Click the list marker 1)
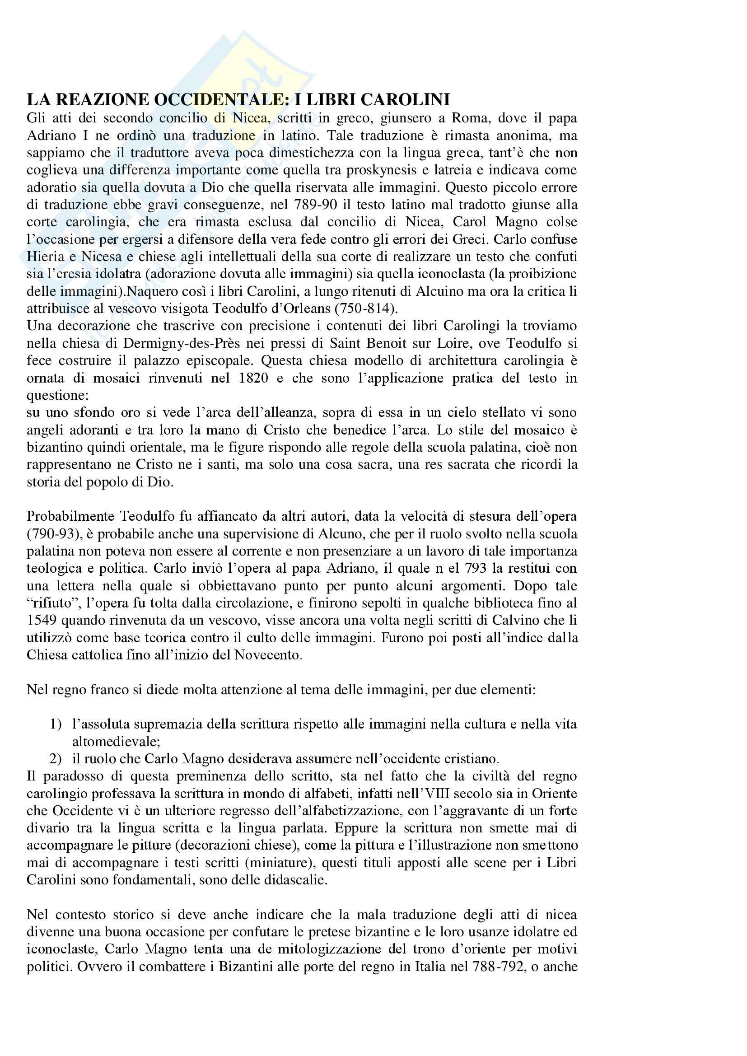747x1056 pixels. coord(56,724)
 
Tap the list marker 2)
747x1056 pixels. coord(56,759)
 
